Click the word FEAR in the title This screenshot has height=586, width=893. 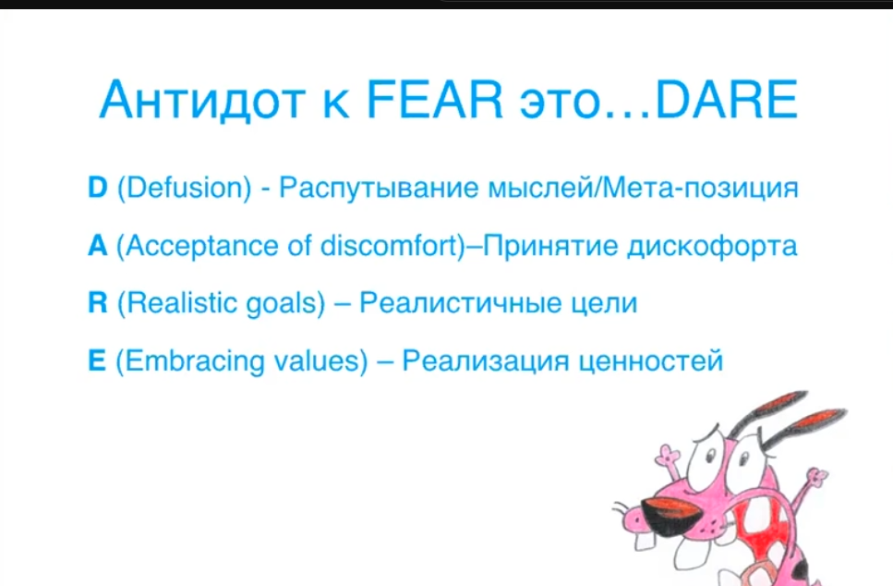[x=435, y=100]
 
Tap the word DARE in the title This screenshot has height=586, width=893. [x=727, y=100]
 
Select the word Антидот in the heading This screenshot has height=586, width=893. [x=203, y=101]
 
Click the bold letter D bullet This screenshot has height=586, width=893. [x=97, y=187]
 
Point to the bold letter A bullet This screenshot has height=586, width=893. [x=97, y=246]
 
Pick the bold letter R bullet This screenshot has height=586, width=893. [x=97, y=302]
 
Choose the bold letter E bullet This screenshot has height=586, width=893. [x=97, y=360]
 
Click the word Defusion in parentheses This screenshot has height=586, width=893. [x=184, y=188]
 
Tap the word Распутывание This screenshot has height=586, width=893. [x=378, y=189]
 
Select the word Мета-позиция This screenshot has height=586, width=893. [x=700, y=189]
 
